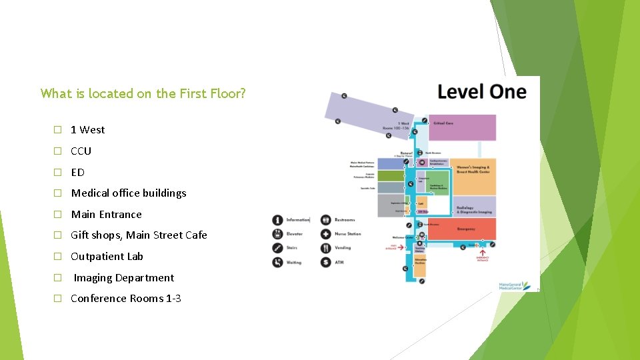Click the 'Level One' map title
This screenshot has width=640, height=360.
[481, 92]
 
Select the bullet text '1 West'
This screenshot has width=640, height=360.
[87, 129]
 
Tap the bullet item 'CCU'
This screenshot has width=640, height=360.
[81, 151]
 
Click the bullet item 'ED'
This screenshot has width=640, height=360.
[77, 172]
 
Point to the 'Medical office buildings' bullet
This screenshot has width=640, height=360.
[129, 193]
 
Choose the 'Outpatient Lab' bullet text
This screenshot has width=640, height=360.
[107, 256]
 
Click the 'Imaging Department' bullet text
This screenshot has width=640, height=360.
[123, 277]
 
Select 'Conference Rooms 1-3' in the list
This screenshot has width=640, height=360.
[125, 298]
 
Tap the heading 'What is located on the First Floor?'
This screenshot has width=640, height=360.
[143, 93]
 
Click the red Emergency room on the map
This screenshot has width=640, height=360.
[465, 229]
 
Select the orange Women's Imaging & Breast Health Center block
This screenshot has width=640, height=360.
[474, 177]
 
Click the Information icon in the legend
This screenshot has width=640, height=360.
[277, 220]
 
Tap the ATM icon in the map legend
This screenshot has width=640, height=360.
[325, 263]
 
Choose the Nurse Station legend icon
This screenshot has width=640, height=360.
[325, 234]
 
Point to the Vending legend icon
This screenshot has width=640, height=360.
[325, 248]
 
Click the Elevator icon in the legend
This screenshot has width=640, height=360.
[277, 234]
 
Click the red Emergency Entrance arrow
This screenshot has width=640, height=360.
[482, 253]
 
